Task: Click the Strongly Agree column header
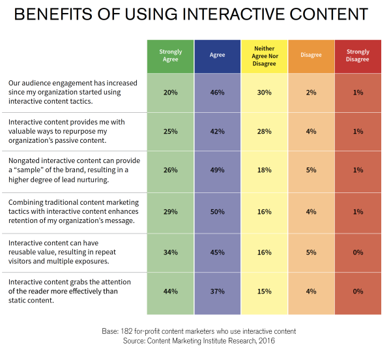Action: (x=171, y=55)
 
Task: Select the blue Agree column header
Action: (x=217, y=55)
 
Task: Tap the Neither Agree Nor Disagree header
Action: (x=264, y=55)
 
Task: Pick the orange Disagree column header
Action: (x=311, y=55)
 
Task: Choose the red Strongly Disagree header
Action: (x=358, y=55)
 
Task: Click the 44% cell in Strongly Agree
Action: (x=171, y=292)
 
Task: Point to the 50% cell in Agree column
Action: (x=217, y=211)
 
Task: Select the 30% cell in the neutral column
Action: (x=264, y=93)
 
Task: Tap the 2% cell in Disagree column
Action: (x=311, y=93)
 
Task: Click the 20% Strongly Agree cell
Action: (x=171, y=93)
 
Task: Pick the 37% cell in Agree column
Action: (x=217, y=292)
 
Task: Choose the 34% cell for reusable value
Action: (x=171, y=252)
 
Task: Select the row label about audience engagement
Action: (x=72, y=93)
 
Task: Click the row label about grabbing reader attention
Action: (x=72, y=291)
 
